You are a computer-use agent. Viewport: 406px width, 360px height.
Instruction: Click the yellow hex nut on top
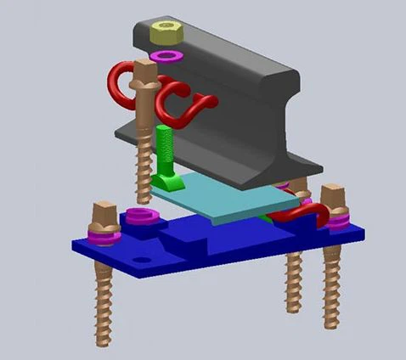point(165,33)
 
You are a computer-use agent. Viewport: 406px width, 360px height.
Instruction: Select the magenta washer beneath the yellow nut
point(166,56)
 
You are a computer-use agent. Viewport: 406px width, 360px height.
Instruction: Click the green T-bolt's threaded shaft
point(162,148)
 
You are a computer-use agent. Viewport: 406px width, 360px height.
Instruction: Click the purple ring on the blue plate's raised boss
point(138,216)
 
